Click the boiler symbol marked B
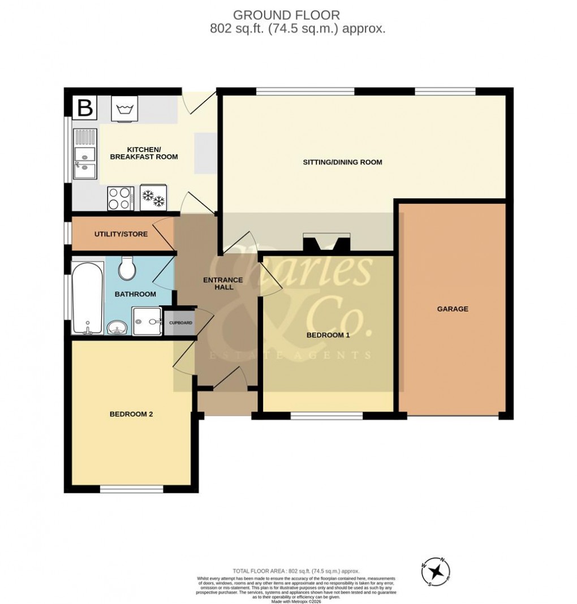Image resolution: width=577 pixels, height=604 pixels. coord(85,107)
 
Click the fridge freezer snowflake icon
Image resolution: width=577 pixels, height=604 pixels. coord(153,199)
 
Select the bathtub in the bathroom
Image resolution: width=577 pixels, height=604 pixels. coord(88,299)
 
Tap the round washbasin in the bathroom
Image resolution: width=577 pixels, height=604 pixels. coord(117,327)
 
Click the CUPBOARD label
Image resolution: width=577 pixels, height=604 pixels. coord(181,323)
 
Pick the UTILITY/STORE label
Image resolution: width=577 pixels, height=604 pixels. coord(121,234)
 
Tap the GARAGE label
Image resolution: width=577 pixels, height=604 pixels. coord(452,309)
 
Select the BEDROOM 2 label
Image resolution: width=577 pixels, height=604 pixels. coord(131,414)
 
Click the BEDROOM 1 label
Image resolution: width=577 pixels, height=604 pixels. coord(328,335)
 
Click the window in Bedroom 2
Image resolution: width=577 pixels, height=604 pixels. coord(132,489)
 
